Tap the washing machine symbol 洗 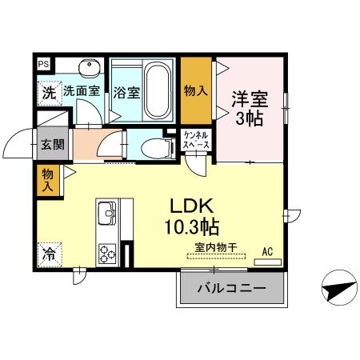(x=48, y=91)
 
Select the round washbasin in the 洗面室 (x=87, y=67)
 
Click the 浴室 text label (x=126, y=92)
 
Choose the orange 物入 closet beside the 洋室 (x=196, y=89)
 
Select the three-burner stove (x=106, y=254)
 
